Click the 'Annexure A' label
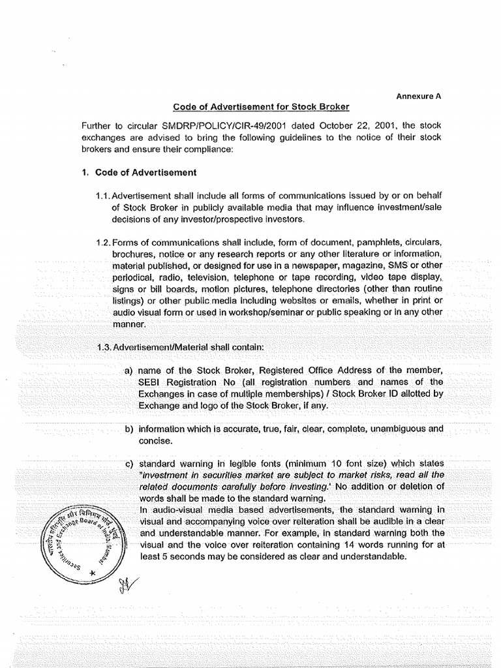[419, 95]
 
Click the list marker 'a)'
[129, 371]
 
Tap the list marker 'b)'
[129, 429]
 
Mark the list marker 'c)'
[129, 464]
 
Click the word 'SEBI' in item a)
[152, 382]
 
